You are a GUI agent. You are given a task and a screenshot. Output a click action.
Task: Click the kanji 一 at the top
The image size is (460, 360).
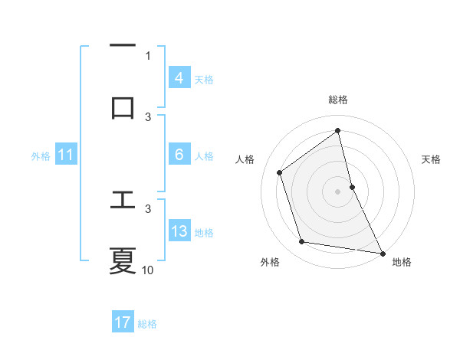(123, 45)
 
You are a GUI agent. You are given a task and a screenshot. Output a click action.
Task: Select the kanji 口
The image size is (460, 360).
(123, 106)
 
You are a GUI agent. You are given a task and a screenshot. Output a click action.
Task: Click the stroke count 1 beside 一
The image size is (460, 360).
(148, 55)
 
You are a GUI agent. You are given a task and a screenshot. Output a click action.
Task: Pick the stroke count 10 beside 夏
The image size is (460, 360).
(148, 270)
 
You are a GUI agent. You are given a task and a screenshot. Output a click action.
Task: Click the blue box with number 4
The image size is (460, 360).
(179, 78)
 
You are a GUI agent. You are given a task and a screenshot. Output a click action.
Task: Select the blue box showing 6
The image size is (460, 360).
(179, 155)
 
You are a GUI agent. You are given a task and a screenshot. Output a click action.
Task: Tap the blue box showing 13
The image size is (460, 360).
(179, 231)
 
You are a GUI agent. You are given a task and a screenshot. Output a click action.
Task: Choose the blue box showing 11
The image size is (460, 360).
(65, 155)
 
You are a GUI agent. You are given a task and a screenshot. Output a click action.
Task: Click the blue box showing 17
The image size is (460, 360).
(123, 322)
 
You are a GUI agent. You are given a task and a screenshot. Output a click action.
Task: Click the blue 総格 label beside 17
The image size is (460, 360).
(147, 324)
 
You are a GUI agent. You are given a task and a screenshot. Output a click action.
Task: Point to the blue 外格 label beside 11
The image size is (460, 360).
(41, 156)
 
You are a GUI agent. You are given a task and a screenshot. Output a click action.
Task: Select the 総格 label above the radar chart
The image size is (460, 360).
(338, 100)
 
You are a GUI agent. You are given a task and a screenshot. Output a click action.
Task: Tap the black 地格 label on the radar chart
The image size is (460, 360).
(402, 262)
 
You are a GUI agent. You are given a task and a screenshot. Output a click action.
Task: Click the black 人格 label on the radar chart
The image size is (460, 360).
(245, 159)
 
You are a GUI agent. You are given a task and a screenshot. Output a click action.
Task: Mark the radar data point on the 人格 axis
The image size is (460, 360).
(280, 172)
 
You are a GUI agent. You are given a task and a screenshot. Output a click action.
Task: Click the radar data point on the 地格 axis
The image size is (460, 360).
(382, 253)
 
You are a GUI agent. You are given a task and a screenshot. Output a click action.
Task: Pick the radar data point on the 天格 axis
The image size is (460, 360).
(352, 186)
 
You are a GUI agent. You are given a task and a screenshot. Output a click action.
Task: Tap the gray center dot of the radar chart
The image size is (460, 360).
(338, 191)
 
